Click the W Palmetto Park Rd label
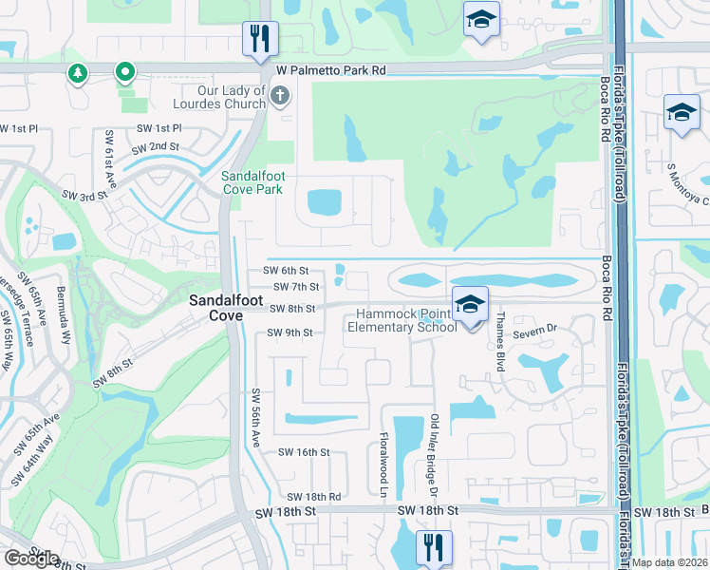pyautogui.click(x=331, y=70)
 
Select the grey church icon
pyautogui.click(x=280, y=96)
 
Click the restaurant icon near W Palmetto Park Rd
pyautogui.click(x=259, y=40)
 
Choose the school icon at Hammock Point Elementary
pyautogui.click(x=469, y=305)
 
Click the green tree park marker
pyautogui.click(x=77, y=72)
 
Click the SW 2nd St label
pyautogui.click(x=156, y=147)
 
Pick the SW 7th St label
pyautogui.click(x=295, y=286)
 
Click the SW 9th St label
pyautogui.click(x=290, y=332)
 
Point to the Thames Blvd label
pyautogui.click(x=498, y=344)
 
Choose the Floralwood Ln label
pyautogui.click(x=385, y=466)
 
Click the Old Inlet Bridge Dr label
pyautogui.click(x=434, y=456)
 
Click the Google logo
pyautogui.click(x=31, y=559)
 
